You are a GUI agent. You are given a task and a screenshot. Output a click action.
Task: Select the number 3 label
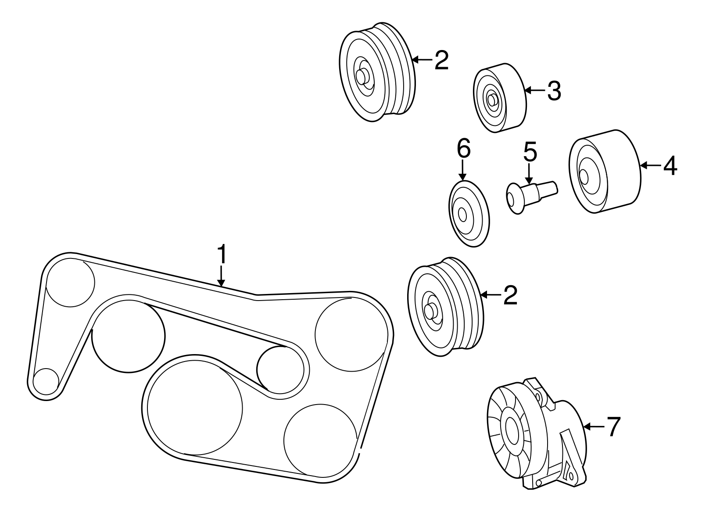pos(554,90)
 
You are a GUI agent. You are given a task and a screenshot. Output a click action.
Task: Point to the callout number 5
pos(530,152)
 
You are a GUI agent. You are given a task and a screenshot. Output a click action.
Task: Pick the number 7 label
pos(614,426)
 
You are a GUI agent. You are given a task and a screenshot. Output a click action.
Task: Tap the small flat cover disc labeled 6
pos(469,214)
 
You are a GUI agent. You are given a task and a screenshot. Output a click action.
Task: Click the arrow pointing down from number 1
pos(222,276)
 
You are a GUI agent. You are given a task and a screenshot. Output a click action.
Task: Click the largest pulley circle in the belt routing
pos(195,408)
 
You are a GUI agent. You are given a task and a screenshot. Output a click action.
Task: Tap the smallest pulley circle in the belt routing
pos(46,381)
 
